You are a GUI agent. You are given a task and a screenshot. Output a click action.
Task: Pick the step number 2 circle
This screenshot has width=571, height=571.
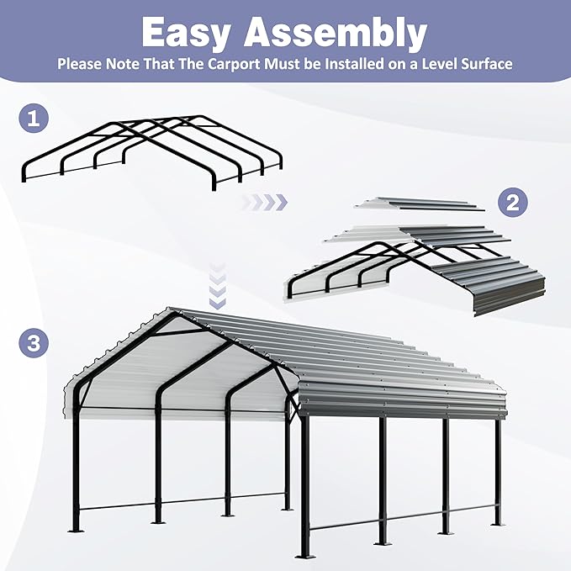pos(511,201)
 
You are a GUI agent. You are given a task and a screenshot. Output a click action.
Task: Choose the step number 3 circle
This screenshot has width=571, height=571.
pos(32,343)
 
